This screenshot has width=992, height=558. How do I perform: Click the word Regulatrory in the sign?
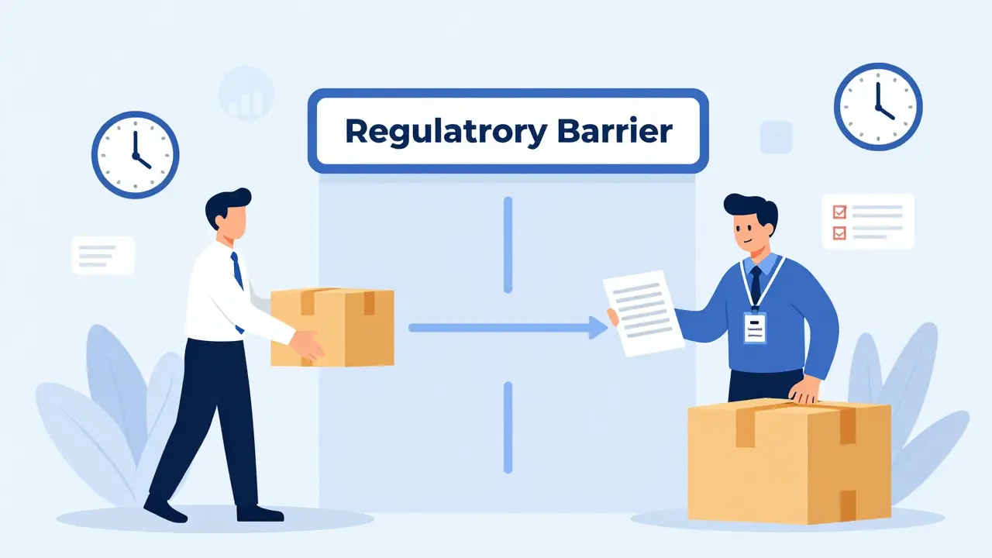(446, 133)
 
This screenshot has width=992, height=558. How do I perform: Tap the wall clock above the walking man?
(135, 154)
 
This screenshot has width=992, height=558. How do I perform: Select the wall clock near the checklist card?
(878, 107)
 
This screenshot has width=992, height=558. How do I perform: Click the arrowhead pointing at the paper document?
(599, 328)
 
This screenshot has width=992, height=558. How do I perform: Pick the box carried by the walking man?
(332, 327)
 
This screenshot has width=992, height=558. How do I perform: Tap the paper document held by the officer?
(643, 314)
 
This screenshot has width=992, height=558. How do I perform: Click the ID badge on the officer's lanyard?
(755, 328)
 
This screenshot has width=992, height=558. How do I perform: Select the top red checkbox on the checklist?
(839, 212)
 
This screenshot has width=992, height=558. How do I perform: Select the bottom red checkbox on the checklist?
(839, 233)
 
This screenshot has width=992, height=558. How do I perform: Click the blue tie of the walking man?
(237, 284)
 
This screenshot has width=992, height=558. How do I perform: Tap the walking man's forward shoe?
(260, 513)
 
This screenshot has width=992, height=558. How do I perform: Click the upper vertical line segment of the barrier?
(508, 245)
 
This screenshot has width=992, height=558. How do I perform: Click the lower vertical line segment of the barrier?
(508, 428)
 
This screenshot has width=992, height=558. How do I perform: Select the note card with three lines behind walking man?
(103, 255)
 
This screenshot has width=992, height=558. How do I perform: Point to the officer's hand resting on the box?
(804, 390)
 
